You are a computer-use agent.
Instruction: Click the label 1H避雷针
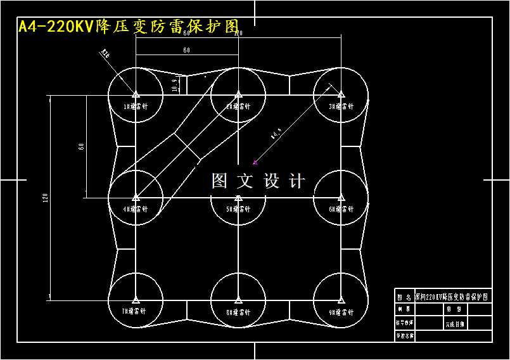coord(135,106)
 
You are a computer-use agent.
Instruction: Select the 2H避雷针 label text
coord(238,106)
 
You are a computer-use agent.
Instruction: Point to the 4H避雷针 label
coord(135,209)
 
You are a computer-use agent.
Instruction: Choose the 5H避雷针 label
coord(238,209)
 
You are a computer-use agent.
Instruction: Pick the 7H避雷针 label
coord(135,312)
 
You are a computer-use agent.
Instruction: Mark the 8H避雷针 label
coord(238,312)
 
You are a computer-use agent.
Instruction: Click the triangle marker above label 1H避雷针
coord(135,95)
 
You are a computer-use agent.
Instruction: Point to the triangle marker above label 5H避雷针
coord(238,198)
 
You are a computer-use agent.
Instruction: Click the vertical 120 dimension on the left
coord(45,198)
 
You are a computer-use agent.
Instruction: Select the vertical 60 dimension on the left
coord(81,146)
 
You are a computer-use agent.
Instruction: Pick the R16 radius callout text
coord(105,55)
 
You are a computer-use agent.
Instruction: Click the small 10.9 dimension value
coord(175,85)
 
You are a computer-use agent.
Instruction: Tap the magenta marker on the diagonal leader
coord(255,162)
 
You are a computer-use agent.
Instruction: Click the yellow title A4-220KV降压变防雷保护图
coord(129,27)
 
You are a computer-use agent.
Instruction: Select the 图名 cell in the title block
coord(404,297)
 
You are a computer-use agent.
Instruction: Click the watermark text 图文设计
coord(258,181)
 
